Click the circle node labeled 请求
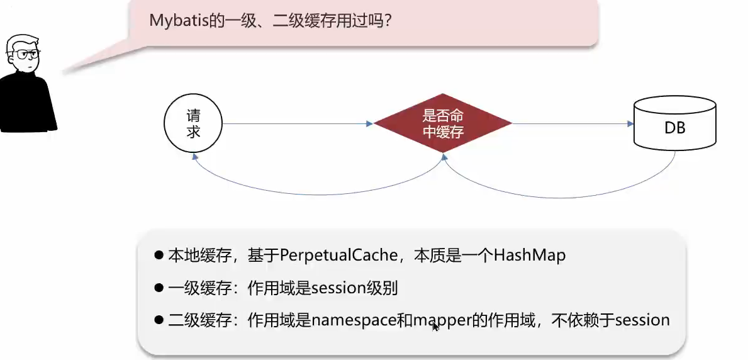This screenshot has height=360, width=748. point(193,124)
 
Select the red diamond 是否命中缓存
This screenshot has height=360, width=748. point(443,124)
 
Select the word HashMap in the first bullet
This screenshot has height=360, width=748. point(530,256)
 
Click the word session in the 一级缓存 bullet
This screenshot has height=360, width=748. point(338,288)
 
